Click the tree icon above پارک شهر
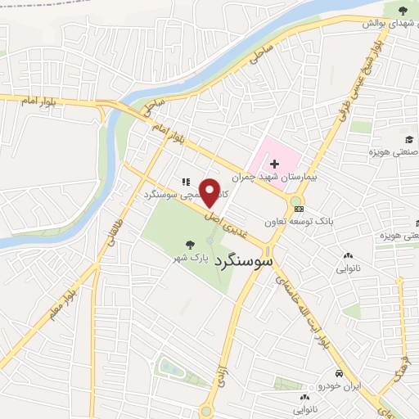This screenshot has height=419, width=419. pyautogui.click(x=190, y=244)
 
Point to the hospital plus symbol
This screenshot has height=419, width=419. pyautogui.click(x=274, y=164)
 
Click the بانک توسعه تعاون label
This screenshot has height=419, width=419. pyautogui.click(x=299, y=221)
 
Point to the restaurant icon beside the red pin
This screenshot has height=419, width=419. pyautogui.click(x=185, y=181)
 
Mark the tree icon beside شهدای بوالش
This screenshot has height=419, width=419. pyautogui.click(x=402, y=10)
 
